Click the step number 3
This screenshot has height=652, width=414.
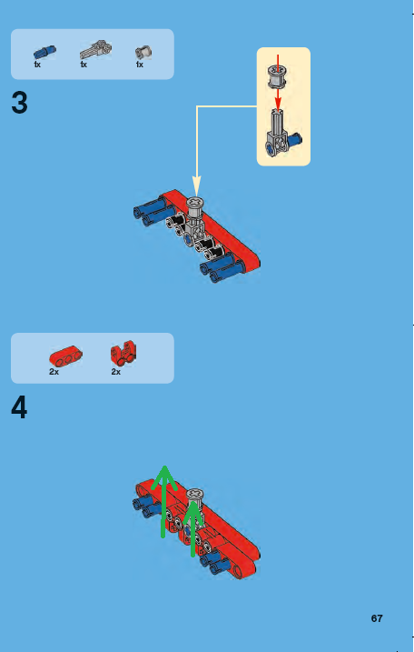pos(20,104)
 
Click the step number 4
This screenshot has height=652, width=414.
pos(20,408)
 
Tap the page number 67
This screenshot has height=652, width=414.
pos(377,618)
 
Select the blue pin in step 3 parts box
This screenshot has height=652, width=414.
pos(44,52)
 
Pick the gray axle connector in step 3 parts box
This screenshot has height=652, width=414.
pos(94,50)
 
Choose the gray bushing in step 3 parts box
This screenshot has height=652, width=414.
pos(143,52)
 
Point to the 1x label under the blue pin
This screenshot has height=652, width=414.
pos(37,65)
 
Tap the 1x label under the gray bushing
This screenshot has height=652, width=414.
pos(140,65)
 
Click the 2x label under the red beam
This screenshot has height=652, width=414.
pos(54,372)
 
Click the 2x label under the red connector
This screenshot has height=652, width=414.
pos(116,372)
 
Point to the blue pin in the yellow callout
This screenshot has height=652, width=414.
pos(293,140)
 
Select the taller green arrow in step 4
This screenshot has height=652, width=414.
pos(163,500)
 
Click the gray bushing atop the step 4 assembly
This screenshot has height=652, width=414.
pos(194,494)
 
